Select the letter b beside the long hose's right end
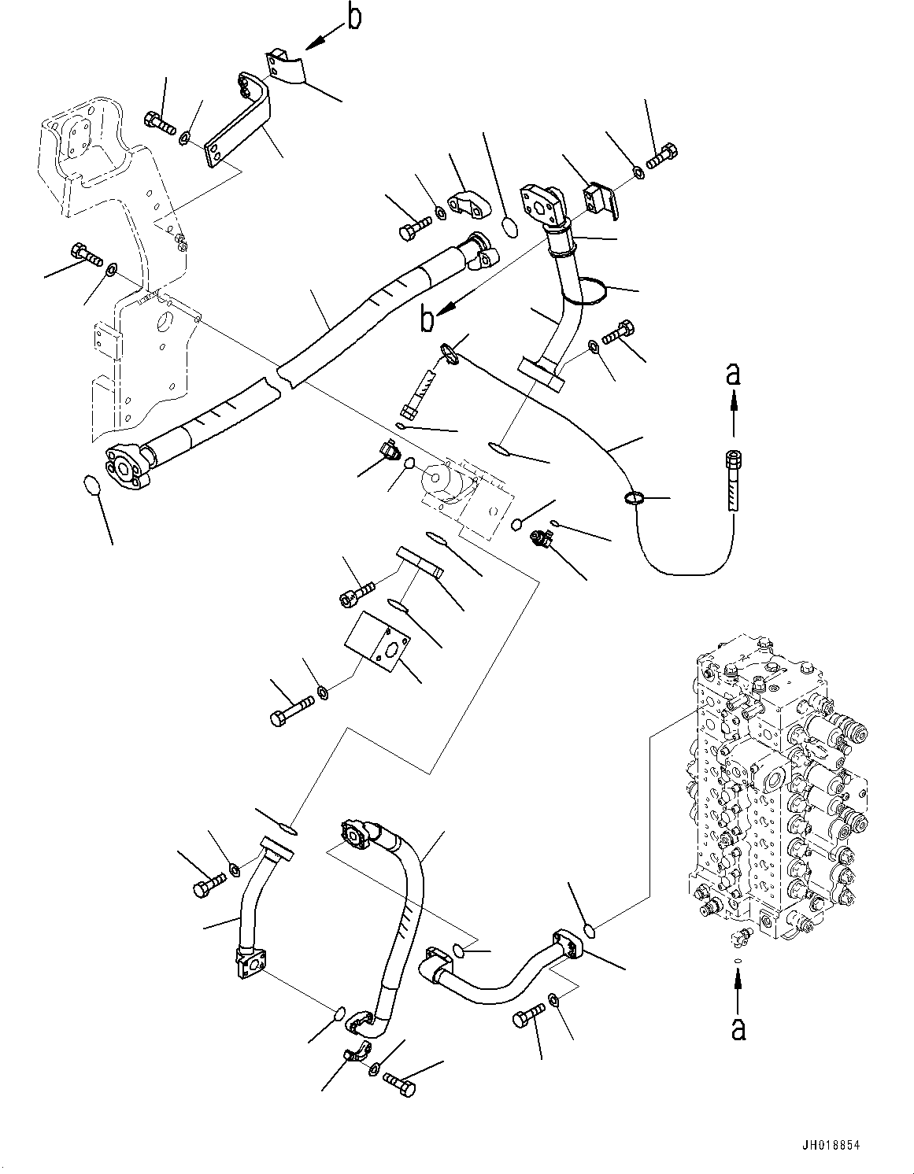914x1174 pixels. pyautogui.click(x=427, y=320)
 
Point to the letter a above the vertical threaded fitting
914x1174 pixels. pyautogui.click(x=734, y=376)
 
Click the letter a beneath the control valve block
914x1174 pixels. pyautogui.click(x=738, y=1027)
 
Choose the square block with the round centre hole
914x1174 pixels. pyautogui.click(x=376, y=641)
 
